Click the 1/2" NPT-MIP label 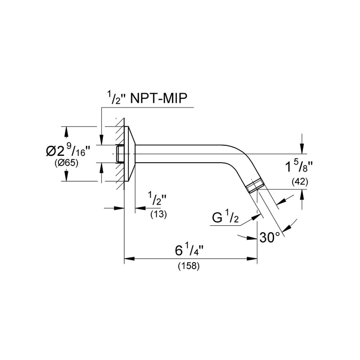pyautogui.click(x=147, y=98)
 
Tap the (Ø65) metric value pyautogui.click(x=66, y=163)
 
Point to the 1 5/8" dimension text pyautogui.click(x=299, y=166)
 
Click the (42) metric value pyautogui.click(x=300, y=182)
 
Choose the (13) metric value pyautogui.click(x=159, y=214)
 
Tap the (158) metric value pyautogui.click(x=189, y=266)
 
